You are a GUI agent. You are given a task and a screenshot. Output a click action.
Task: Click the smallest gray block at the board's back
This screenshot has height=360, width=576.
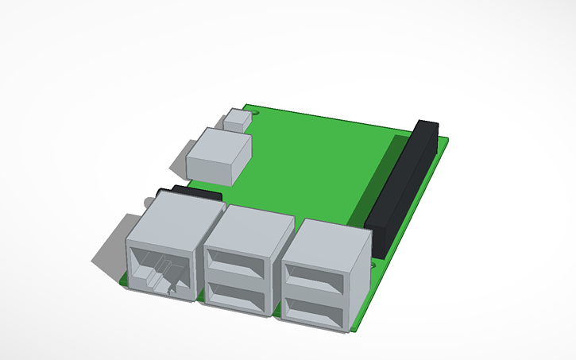click(x=237, y=120)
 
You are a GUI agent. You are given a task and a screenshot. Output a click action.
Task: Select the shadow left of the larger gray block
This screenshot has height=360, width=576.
click(x=176, y=158)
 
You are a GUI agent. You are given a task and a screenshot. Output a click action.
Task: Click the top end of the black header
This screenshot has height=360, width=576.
click(x=427, y=126)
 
